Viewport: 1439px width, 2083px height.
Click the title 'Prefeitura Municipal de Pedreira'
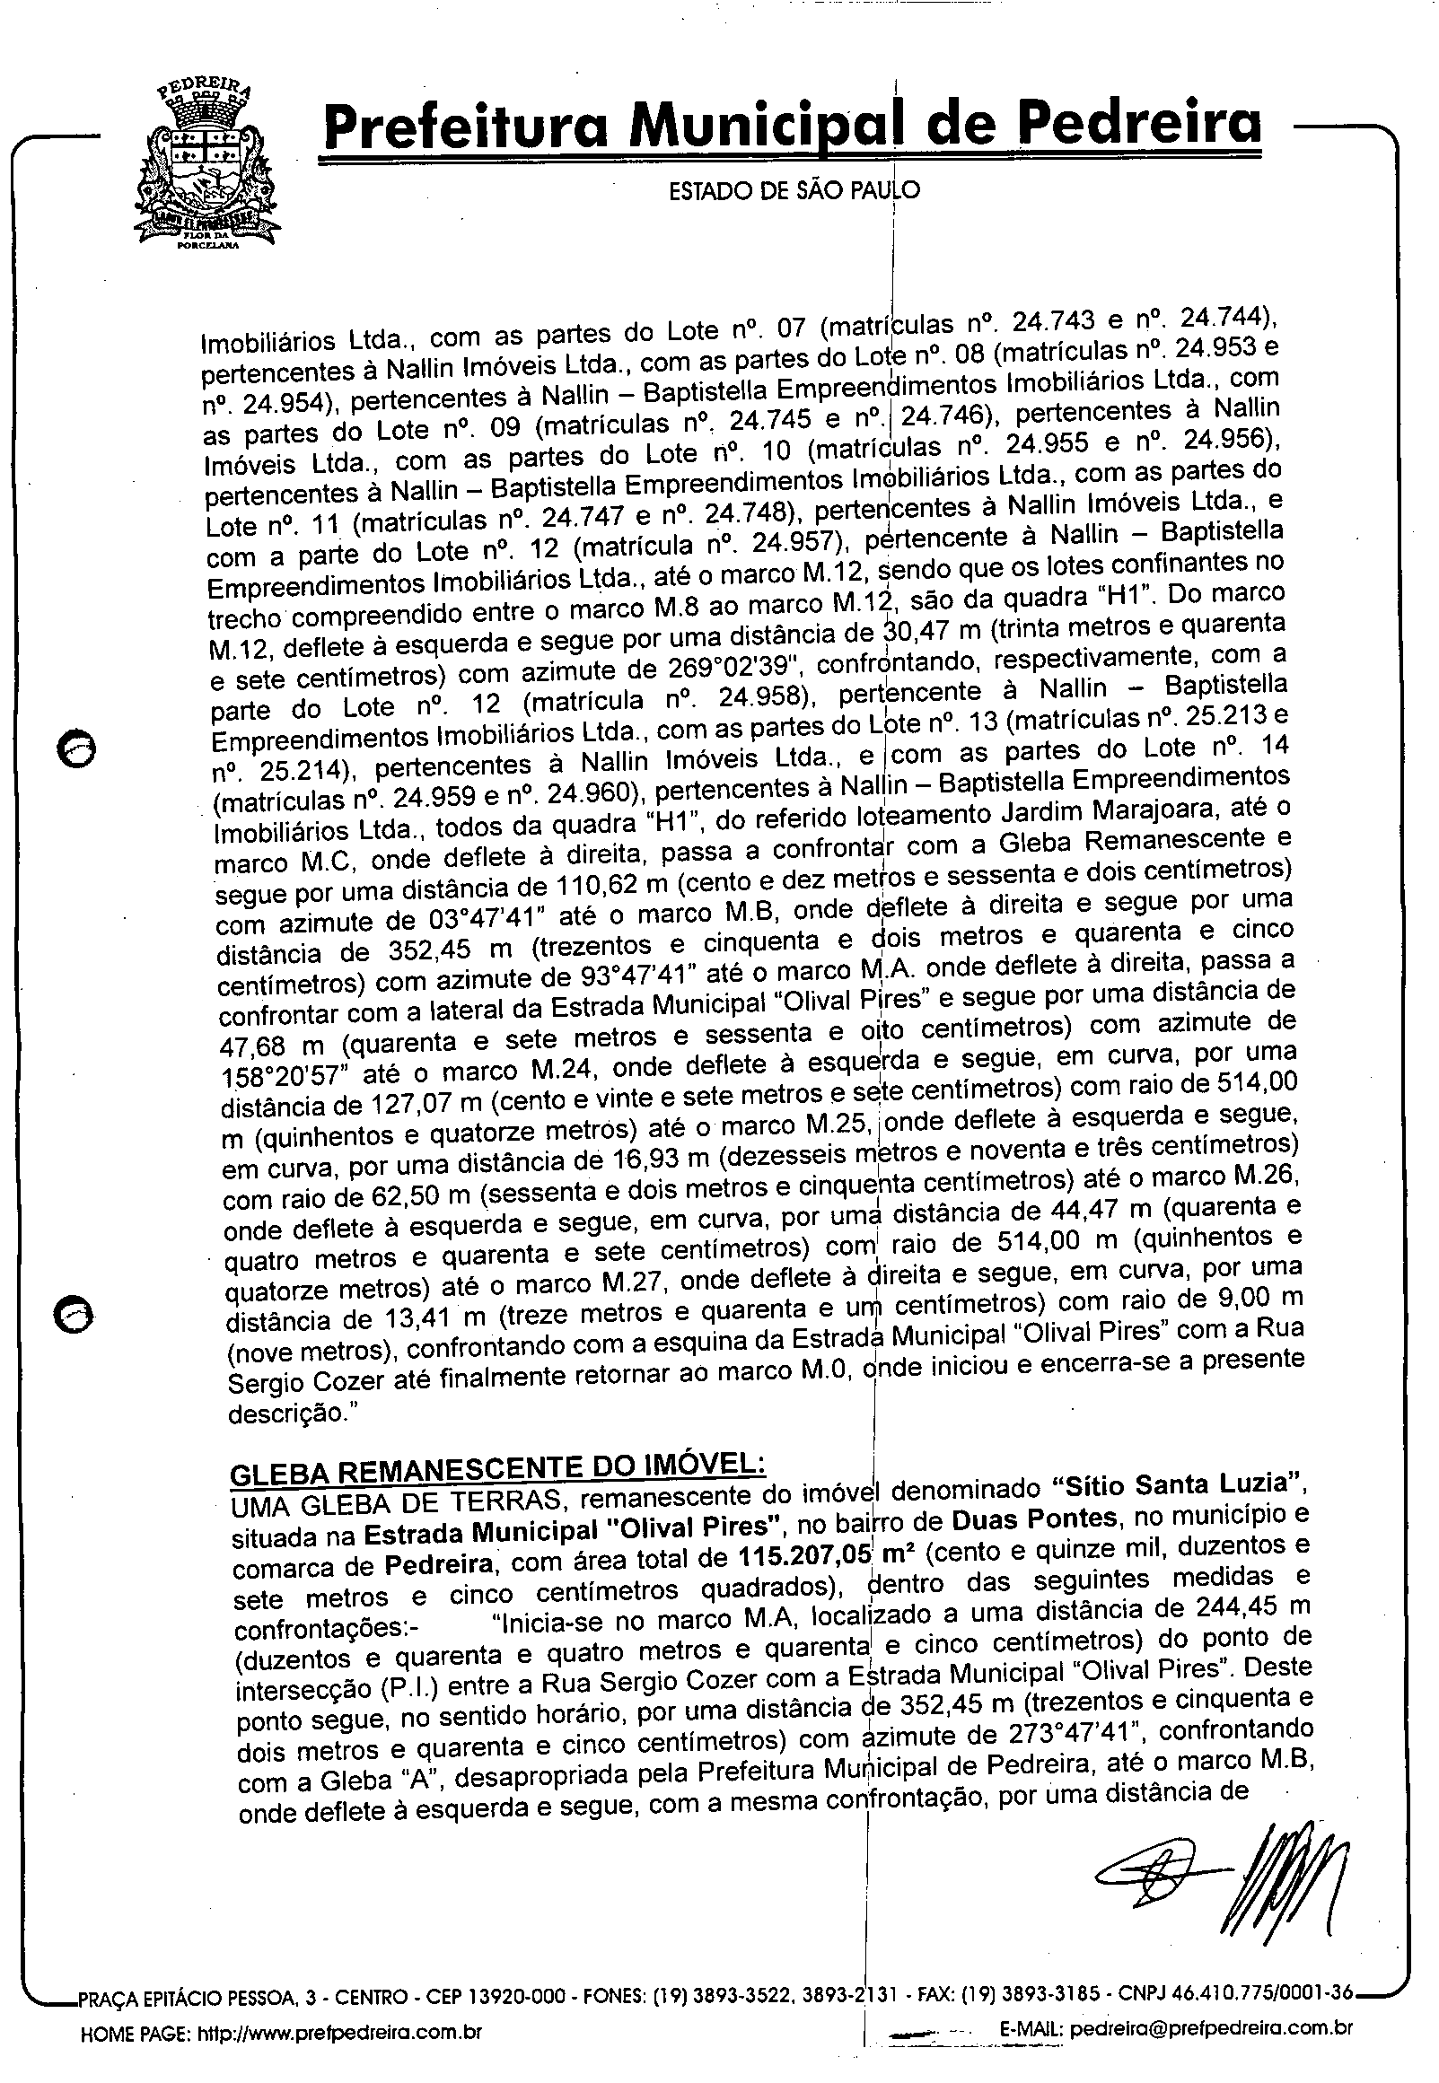tap(791, 127)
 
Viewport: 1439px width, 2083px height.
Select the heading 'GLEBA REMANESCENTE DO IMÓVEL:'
tap(497, 1472)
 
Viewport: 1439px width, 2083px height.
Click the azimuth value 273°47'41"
tap(1060, 1733)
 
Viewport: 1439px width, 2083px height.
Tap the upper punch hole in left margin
tap(73, 748)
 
